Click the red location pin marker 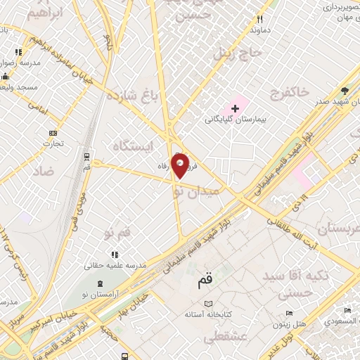[180, 165]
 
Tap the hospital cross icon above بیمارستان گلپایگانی [235, 108]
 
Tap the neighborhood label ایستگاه [131, 146]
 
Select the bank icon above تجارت [52, 133]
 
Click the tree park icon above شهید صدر [345, 91]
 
